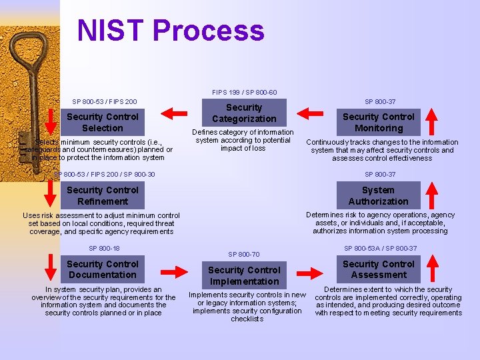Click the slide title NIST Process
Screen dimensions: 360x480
click(171, 31)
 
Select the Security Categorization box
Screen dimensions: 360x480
click(244, 113)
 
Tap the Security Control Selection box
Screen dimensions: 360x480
click(103, 122)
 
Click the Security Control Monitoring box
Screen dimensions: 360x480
click(378, 122)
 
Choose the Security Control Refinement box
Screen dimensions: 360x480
click(103, 195)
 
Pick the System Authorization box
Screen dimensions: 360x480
click(378, 195)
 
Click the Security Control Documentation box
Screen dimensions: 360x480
click(103, 269)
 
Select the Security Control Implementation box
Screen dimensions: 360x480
click(244, 275)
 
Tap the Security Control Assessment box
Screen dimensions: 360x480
click(378, 269)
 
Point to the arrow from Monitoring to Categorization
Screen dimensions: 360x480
click(313, 112)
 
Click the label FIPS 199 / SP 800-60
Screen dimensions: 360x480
click(244, 92)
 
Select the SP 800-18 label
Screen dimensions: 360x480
click(104, 248)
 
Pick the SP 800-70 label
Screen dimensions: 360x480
click(244, 254)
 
